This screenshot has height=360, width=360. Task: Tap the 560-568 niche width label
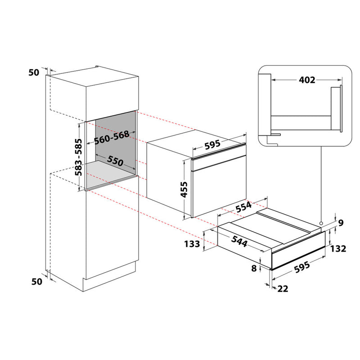(x=112, y=137)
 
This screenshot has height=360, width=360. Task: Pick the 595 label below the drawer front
(x=302, y=265)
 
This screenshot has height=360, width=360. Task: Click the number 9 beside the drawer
(x=341, y=222)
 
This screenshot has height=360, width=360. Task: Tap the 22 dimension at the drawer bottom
(x=283, y=288)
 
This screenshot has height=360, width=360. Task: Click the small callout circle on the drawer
(x=321, y=224)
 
